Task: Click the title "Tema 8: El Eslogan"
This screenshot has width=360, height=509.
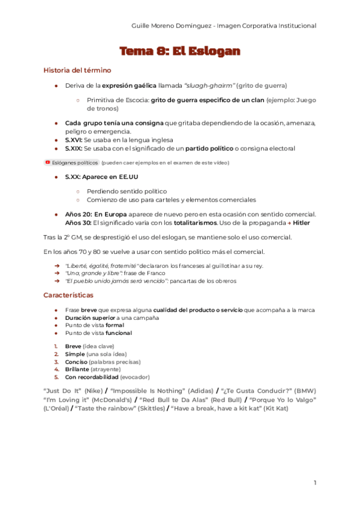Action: [x=180, y=51]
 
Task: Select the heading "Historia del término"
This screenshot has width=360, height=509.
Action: [x=77, y=70]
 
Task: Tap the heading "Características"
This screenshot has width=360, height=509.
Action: [x=68, y=295]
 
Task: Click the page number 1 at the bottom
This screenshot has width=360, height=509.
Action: [x=315, y=483]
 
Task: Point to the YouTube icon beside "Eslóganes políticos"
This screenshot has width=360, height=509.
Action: [x=47, y=162]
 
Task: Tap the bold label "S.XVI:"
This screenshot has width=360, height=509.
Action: [x=74, y=139]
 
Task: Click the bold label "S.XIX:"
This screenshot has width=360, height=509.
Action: [x=74, y=148]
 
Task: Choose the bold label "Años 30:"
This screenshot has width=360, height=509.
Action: [x=78, y=223]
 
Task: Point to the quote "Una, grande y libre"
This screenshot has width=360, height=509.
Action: [x=89, y=273]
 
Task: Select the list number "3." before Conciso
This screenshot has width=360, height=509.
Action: [x=56, y=362]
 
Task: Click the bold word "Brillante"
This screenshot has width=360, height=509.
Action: [x=76, y=370]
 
